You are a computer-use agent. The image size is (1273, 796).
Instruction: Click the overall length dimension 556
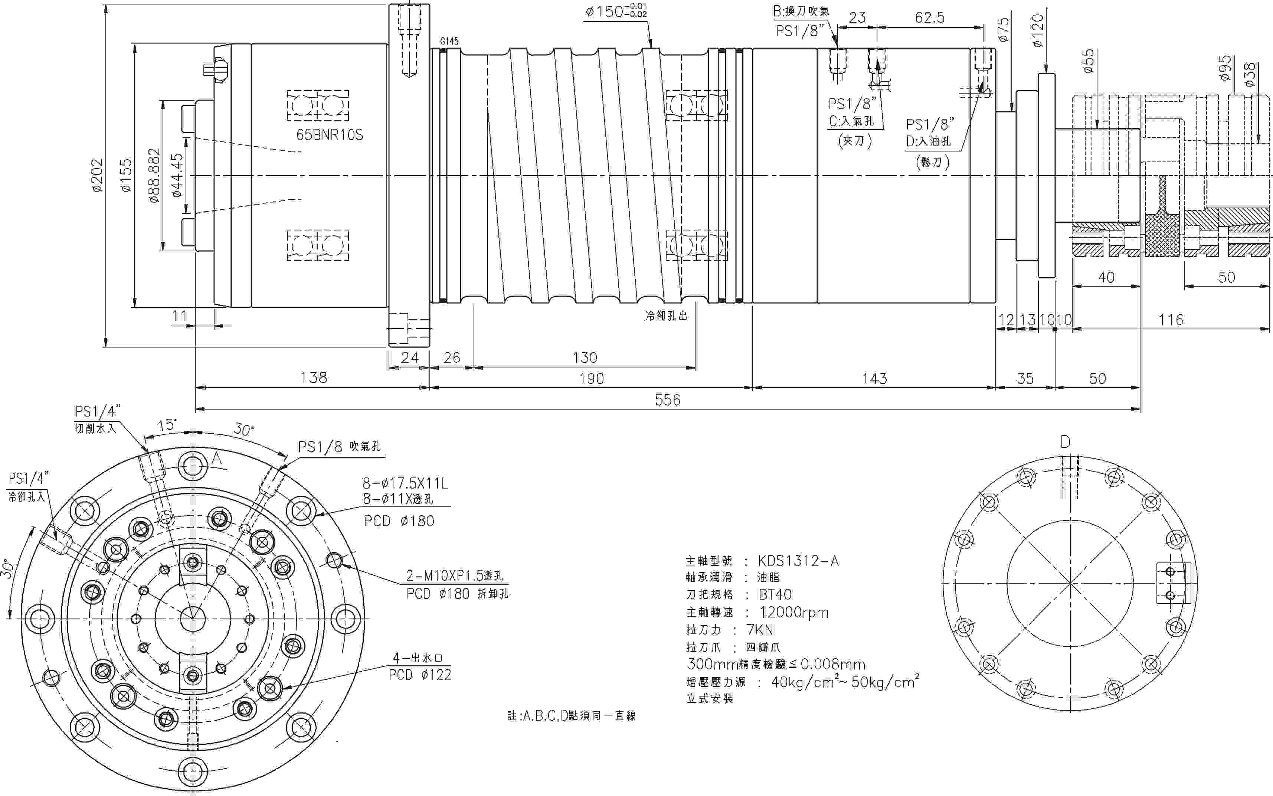point(667,400)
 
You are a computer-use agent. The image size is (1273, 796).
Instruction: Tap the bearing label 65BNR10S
point(330,135)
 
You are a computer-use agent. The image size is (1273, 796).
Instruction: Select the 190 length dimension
point(592,379)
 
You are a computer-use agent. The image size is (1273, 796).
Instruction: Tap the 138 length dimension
point(314,378)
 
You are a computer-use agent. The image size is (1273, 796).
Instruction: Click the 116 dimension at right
point(1171,320)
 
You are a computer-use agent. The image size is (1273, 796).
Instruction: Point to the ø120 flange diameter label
point(1037,30)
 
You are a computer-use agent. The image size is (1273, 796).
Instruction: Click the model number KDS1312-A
point(798,561)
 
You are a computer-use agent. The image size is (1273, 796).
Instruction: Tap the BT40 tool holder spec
point(775,595)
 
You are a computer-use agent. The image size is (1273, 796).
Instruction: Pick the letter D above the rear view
point(1065,442)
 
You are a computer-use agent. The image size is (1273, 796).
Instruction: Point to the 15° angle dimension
point(168,425)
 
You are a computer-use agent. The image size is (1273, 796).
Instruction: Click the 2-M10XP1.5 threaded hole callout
point(455,575)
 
